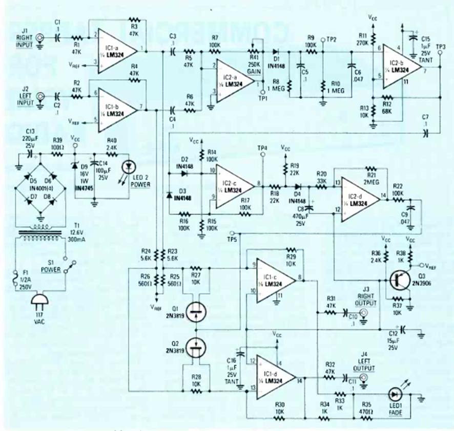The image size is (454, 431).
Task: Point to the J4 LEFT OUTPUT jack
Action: (x=364, y=379)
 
